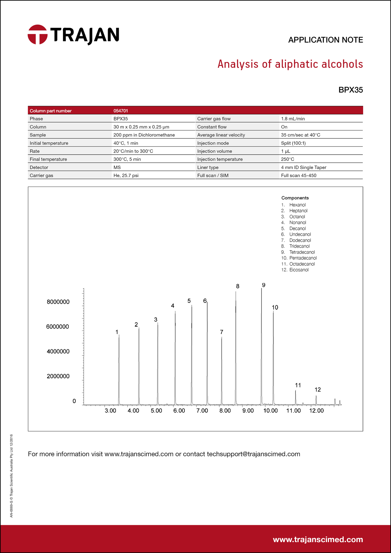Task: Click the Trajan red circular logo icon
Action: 38,35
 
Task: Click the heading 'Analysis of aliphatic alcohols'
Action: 290,64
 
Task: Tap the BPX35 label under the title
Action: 350,90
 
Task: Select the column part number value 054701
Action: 121,111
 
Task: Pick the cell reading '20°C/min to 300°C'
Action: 133,151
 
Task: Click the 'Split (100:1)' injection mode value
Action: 293,143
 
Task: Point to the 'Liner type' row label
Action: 208,167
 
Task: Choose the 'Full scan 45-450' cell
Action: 298,176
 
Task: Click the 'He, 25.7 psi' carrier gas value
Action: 126,176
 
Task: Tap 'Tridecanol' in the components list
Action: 299,246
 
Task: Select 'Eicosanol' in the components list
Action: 299,270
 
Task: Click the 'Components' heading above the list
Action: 295,198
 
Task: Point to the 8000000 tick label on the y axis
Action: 58,302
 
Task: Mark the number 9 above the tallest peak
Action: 264,285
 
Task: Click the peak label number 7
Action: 221,332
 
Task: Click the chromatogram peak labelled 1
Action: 119,370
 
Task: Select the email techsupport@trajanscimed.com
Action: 253,454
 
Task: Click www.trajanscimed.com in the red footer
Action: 318,539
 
